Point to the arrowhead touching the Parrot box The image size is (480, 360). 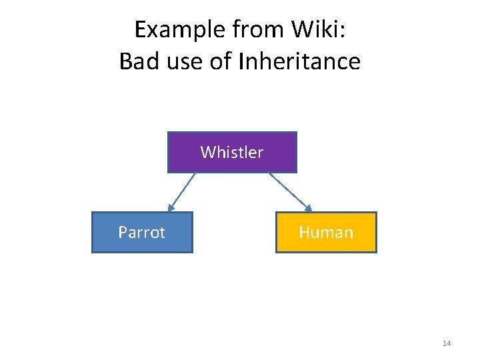click(170, 208)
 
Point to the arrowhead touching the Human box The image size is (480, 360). click(308, 207)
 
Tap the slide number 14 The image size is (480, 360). click(447, 343)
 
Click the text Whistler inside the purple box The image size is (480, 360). click(232, 153)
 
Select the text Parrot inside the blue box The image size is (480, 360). click(142, 232)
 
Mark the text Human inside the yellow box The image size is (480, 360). click(326, 232)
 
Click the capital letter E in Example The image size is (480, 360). click(140, 30)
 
